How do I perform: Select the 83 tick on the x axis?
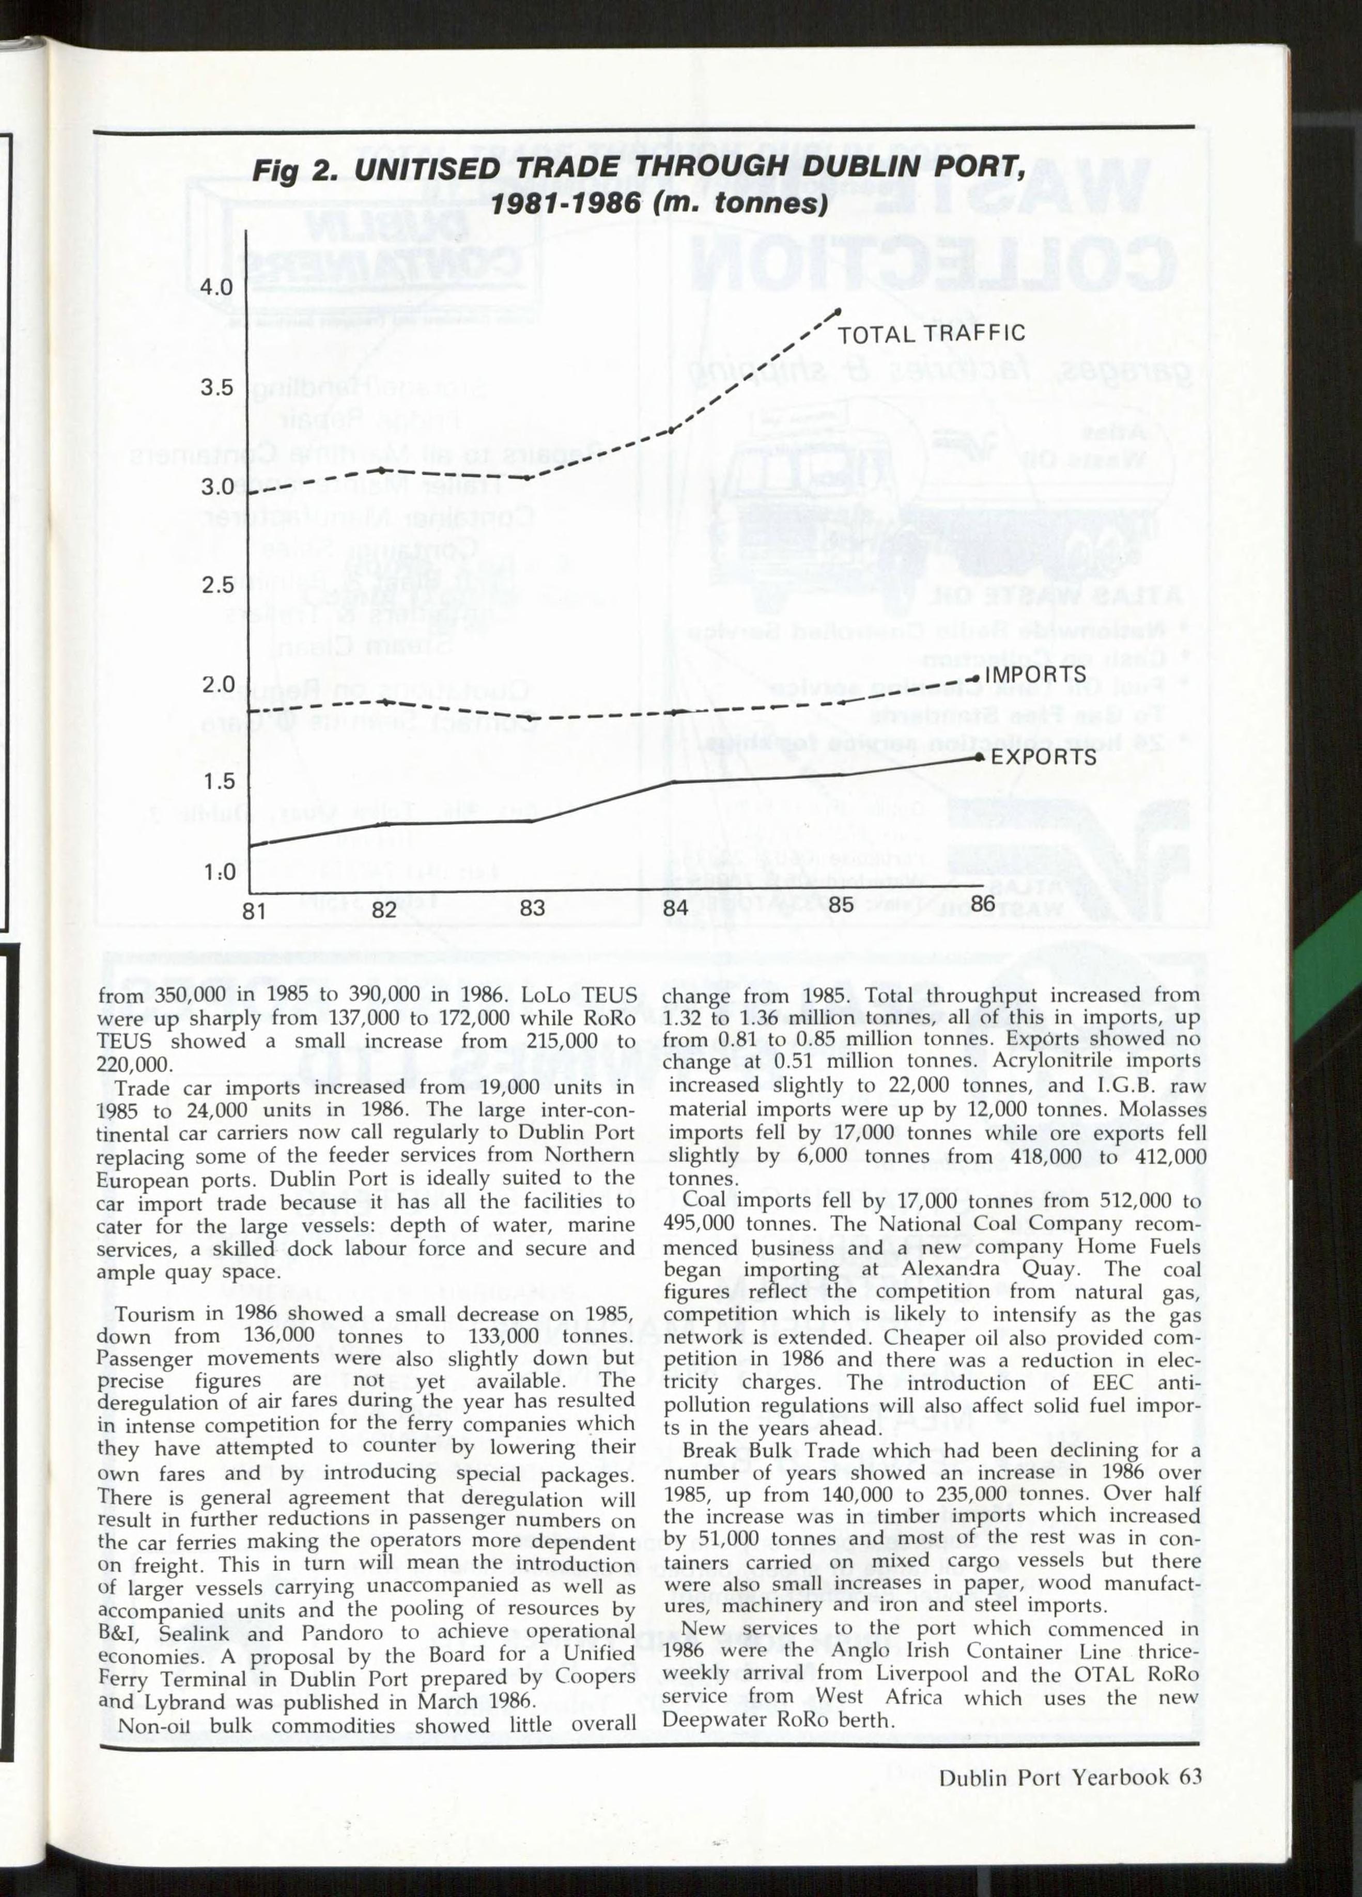pos(532,908)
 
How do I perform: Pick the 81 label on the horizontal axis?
pos(254,910)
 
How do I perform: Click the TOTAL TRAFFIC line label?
pos(931,334)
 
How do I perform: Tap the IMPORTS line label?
pos(1035,674)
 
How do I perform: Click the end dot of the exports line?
pos(979,756)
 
